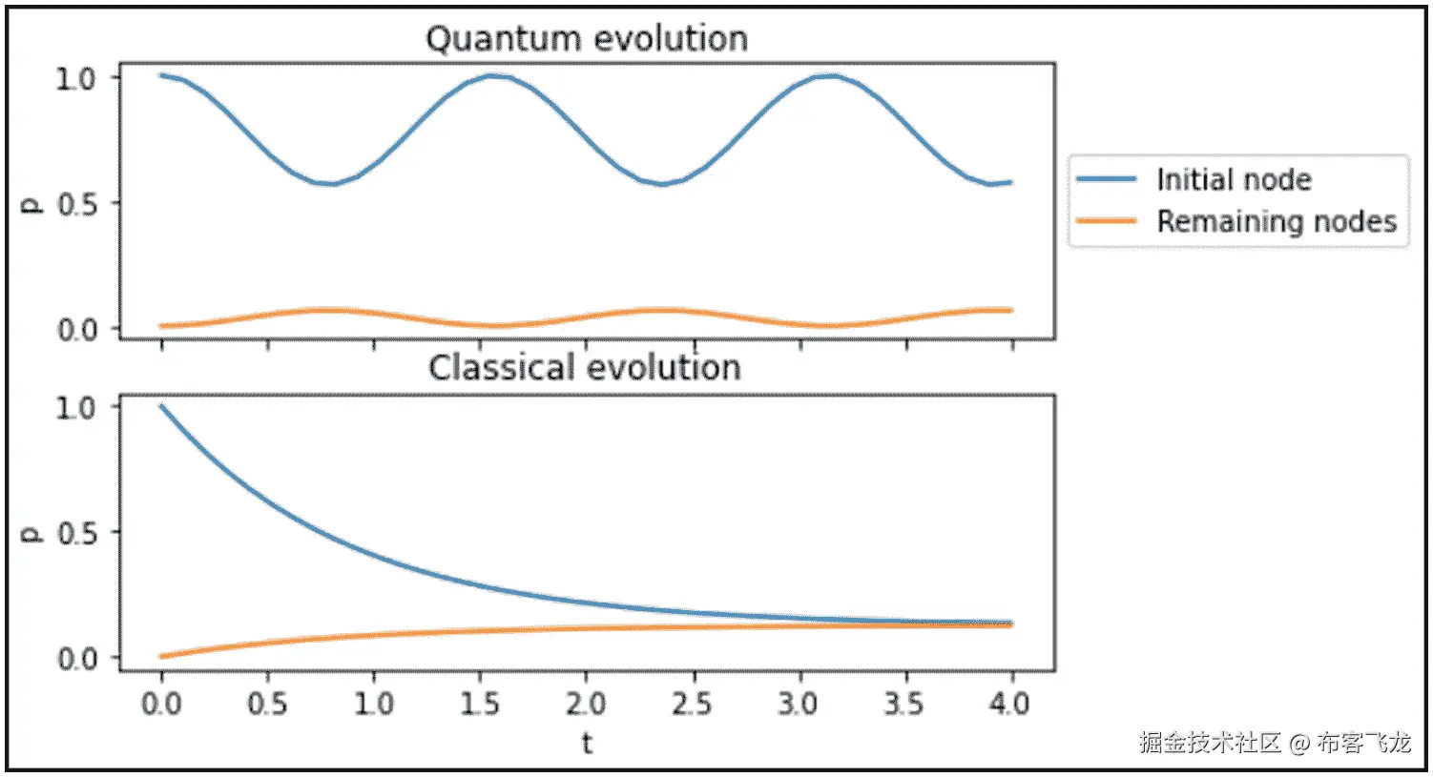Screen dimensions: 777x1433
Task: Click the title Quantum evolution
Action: click(586, 39)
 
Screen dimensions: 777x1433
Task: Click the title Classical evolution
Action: click(584, 368)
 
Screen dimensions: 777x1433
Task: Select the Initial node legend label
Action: click(1233, 179)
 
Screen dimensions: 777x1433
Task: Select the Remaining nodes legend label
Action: click(1277, 221)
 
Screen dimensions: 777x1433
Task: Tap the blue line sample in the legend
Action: click(1106, 179)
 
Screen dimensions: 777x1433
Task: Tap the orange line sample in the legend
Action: click(1106, 221)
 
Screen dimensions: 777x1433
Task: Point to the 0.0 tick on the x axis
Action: click(160, 705)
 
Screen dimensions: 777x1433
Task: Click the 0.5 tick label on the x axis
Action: click(267, 705)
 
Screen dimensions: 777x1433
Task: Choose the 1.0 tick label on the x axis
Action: click(373, 705)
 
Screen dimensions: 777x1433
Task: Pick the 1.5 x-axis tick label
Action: click(479, 705)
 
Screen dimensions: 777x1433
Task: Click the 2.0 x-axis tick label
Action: click(585, 705)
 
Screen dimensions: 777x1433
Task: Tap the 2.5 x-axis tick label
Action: click(692, 705)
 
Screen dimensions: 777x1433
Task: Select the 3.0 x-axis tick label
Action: click(798, 705)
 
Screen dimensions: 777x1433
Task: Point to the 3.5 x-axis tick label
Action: click(903, 705)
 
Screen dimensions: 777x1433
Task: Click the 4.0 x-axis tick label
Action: click(1010, 705)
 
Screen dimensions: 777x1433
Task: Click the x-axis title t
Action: click(587, 743)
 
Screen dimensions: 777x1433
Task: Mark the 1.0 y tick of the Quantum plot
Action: click(75, 78)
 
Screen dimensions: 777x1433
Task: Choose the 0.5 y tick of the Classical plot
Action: click(77, 533)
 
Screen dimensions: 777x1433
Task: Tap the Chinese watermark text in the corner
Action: click(1274, 743)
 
